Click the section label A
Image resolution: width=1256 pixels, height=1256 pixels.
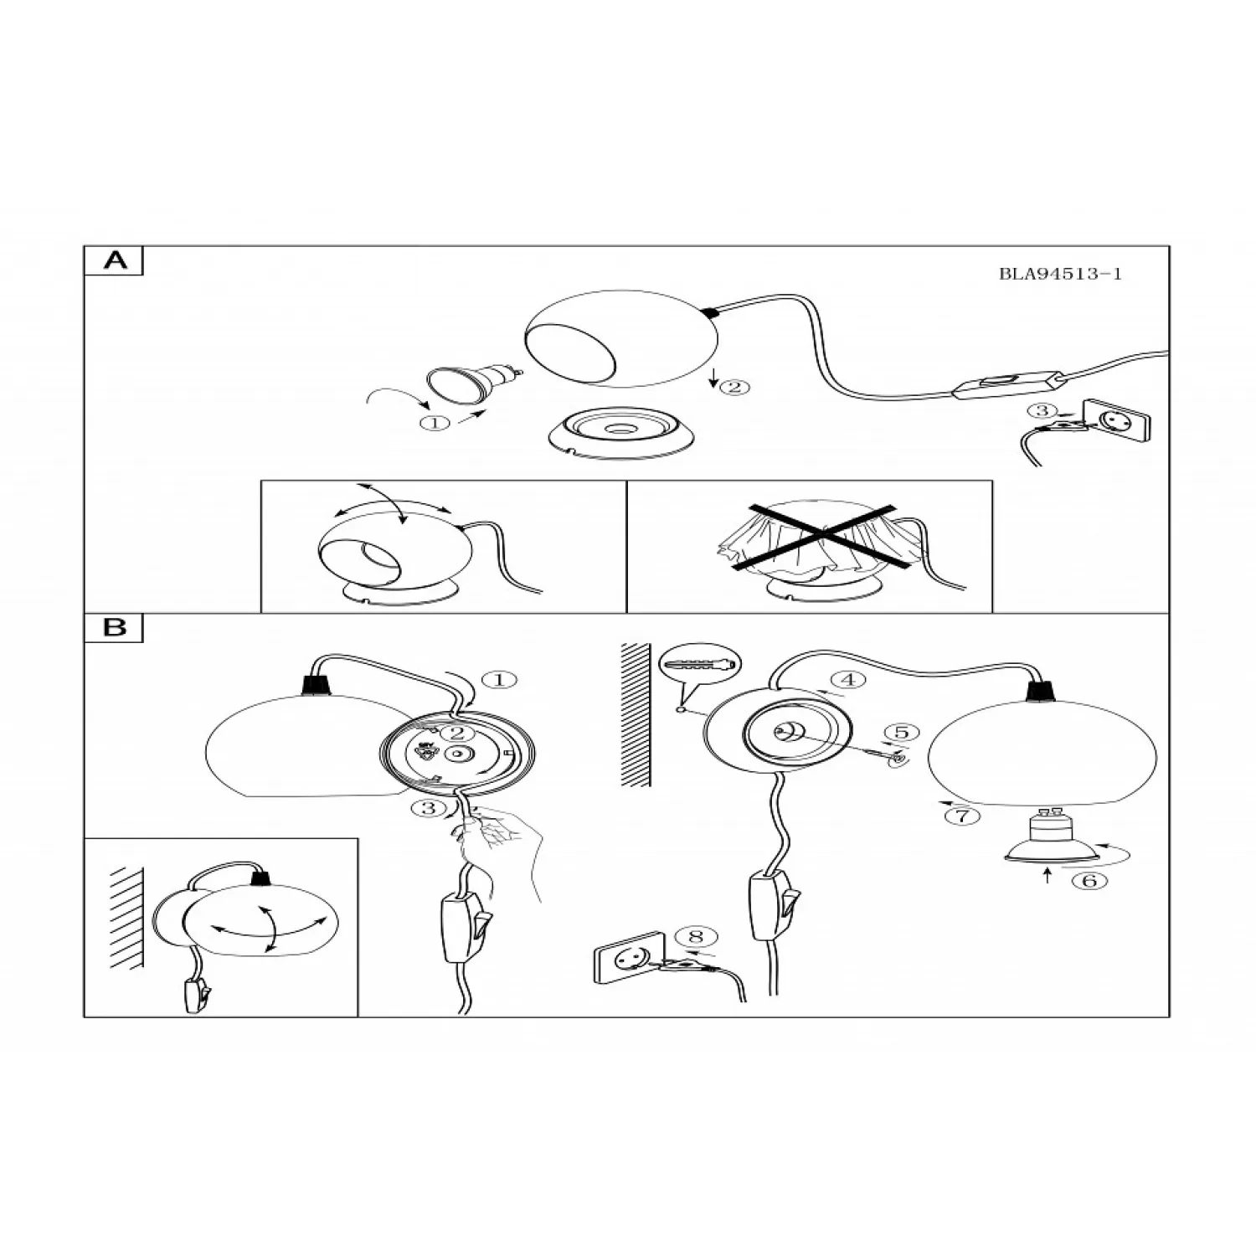[116, 260]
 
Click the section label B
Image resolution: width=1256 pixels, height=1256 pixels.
[115, 627]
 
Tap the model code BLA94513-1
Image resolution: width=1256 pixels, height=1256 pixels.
[1060, 274]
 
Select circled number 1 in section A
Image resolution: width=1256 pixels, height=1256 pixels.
[435, 423]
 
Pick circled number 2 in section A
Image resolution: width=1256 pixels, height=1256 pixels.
[734, 387]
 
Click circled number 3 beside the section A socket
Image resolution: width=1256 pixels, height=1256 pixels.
[1042, 410]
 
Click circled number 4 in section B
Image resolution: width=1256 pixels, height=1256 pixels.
[847, 680]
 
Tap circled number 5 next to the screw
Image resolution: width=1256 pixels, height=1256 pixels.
[901, 733]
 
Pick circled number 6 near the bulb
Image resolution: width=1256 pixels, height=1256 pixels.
[1089, 880]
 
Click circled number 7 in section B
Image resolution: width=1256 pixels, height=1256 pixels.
[962, 815]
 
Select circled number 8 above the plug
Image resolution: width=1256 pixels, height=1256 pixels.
[696, 936]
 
